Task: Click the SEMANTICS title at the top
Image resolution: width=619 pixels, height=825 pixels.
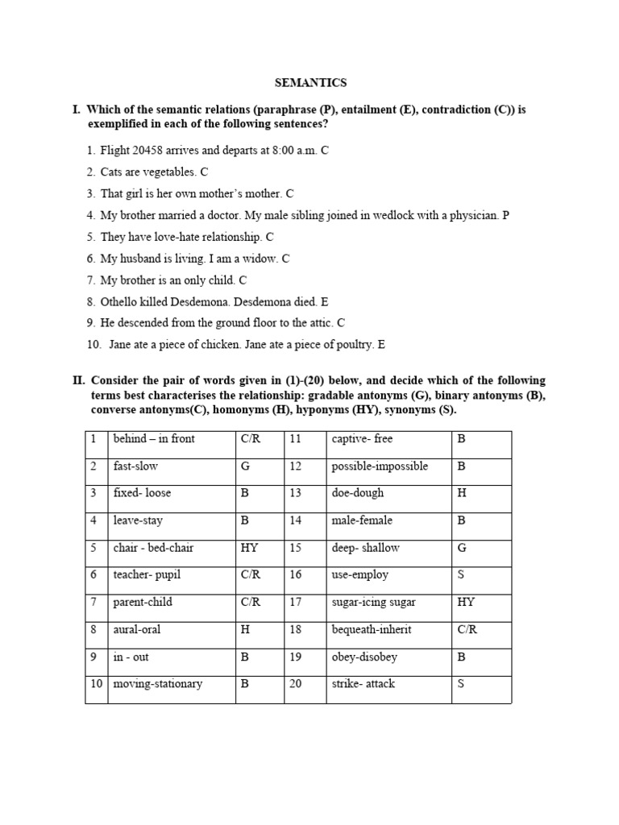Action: (309, 82)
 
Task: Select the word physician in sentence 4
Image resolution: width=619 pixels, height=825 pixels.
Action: (473, 215)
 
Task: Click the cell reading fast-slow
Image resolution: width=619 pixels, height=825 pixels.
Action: (135, 466)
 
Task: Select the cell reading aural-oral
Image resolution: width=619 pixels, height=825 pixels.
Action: (138, 629)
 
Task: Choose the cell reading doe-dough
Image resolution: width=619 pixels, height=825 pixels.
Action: (357, 493)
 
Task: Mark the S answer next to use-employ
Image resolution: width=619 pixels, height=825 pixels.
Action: (462, 574)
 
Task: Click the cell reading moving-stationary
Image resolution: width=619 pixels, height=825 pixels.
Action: (158, 683)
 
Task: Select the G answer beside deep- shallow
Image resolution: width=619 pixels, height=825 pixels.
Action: (462, 548)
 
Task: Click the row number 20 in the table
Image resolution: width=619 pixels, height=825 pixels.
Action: (295, 683)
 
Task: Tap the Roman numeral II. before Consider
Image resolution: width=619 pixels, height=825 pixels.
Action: (78, 380)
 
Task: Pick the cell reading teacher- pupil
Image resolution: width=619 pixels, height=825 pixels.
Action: (143, 574)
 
